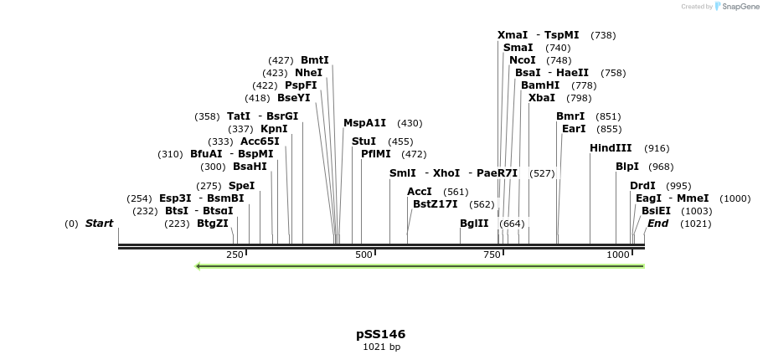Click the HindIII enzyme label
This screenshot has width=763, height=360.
611,148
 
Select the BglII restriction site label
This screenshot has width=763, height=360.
474,224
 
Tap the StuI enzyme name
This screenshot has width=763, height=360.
363,141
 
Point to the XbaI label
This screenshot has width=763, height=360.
542,98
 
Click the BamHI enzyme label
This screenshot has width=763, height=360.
540,85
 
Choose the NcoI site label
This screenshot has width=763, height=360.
523,60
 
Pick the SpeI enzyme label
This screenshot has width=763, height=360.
241,186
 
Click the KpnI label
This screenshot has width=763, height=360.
274,129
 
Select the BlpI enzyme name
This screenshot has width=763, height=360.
627,167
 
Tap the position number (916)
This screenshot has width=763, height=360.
657,148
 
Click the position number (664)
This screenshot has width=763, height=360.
512,224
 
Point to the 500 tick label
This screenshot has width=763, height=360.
363,255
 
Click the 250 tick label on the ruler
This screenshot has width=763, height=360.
235,255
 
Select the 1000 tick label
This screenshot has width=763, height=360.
618,255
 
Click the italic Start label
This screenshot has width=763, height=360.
99,224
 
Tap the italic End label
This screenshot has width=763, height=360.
657,224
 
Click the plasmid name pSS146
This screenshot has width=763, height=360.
380,334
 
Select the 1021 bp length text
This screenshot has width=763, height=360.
381,347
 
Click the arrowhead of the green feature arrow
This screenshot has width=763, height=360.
198,266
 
